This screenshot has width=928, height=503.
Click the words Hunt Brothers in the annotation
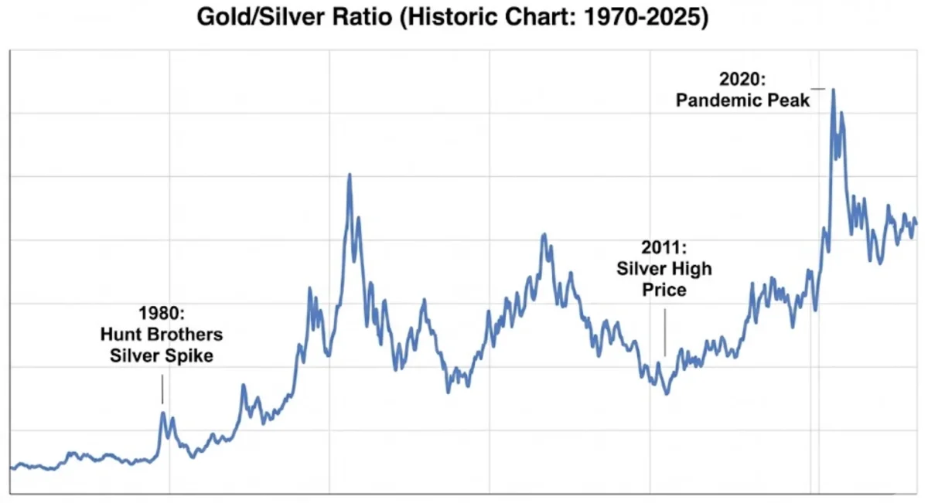pos(162,335)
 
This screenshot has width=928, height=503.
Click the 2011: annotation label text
pos(664,248)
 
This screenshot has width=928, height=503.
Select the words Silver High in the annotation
pos(664,269)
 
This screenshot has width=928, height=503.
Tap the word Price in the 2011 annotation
pos(664,290)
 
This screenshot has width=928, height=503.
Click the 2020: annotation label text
pos(742,79)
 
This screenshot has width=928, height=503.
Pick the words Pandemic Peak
pos(742,100)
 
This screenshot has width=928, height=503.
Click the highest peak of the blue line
pos(833,90)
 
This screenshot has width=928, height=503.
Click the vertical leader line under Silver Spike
pos(162,389)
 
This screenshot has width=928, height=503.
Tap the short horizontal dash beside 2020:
pos(817,89)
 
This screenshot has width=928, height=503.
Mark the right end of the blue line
pos(916,223)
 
